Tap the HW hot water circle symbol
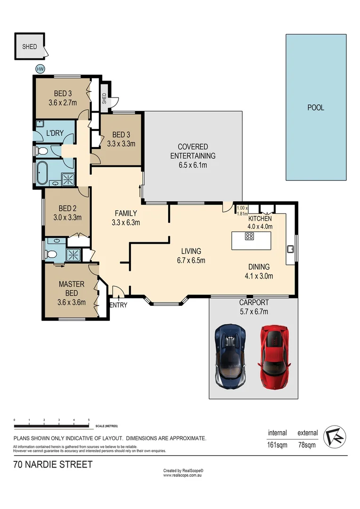tap(40, 69)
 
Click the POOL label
tap(316, 107)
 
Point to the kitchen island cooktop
tap(250, 237)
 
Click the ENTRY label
tap(118, 305)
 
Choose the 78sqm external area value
tap(307, 445)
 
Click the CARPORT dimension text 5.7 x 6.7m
tap(253, 311)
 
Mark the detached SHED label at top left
tap(29, 47)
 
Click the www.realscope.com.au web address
tap(182, 476)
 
